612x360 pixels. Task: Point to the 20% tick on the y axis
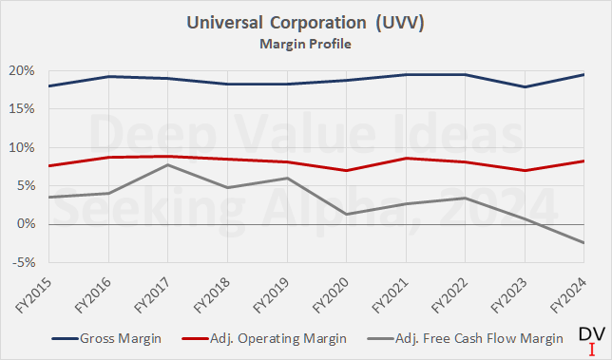(x=22, y=71)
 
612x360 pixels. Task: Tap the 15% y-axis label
(x=22, y=109)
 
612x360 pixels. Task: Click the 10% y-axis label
(x=22, y=148)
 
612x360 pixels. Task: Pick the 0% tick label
(x=26, y=224)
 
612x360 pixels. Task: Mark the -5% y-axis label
(x=24, y=262)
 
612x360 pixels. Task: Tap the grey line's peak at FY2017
(x=168, y=165)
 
